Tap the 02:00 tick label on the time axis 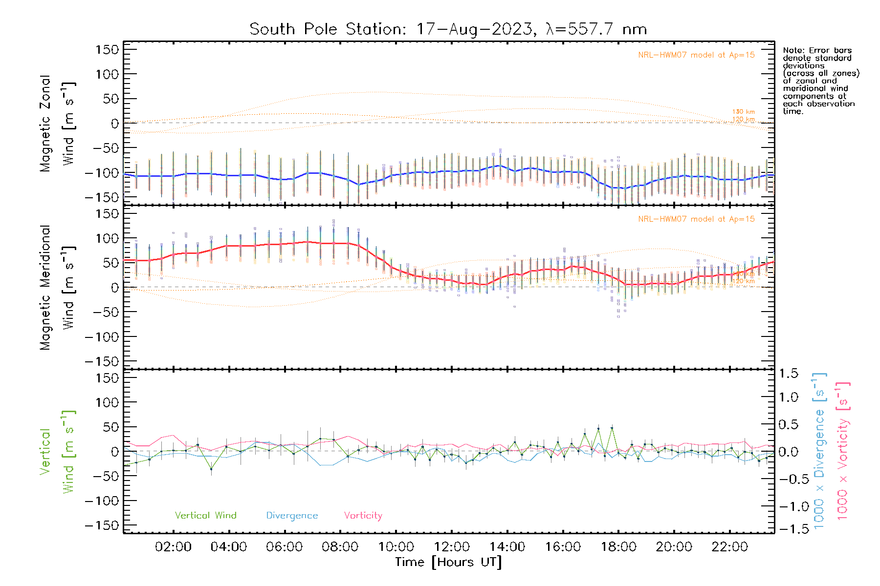pos(173,546)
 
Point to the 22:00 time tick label pos(729,546)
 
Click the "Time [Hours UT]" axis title pos(448,562)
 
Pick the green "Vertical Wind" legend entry pos(205,515)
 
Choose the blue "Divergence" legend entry pos(292,515)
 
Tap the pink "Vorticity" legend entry pos(363,515)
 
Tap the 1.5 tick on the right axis pos(788,374)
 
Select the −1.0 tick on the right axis pos(788,506)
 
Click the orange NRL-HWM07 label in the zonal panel pos(696,55)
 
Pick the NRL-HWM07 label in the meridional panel pos(696,219)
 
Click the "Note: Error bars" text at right pos(817,50)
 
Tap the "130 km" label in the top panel pos(743,112)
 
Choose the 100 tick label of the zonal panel pos(108,74)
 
